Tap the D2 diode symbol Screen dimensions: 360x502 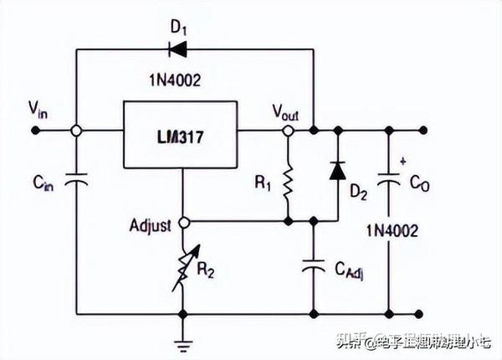pyautogui.click(x=337, y=170)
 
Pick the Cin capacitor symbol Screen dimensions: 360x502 pyautogui.click(x=76, y=179)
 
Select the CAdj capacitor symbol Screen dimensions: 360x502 pyautogui.click(x=313, y=266)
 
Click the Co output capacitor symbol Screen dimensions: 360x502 pyautogui.click(x=391, y=179)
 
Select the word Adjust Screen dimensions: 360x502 pyautogui.click(x=151, y=224)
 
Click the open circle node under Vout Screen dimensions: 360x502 pyautogui.click(x=288, y=131)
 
